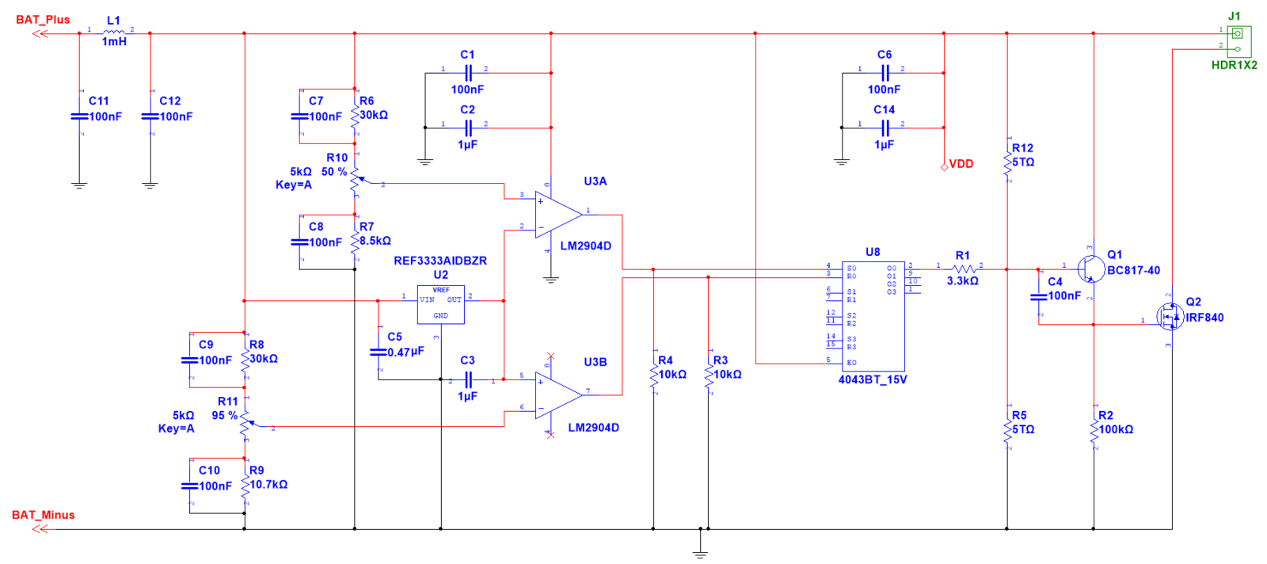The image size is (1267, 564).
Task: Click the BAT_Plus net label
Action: [43, 20]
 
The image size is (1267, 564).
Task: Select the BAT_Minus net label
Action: [44, 515]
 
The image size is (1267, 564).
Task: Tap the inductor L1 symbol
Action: [113, 32]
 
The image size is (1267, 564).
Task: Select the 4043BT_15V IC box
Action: [873, 315]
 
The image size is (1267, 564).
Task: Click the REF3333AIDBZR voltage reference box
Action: [441, 305]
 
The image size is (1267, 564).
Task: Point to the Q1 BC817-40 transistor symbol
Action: [1091, 269]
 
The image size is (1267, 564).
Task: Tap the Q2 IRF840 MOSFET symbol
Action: [1170, 318]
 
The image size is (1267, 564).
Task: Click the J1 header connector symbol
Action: [1238, 40]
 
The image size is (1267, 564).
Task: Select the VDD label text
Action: [961, 164]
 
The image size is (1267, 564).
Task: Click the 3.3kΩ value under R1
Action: [962, 281]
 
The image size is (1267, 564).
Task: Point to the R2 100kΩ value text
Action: [1116, 429]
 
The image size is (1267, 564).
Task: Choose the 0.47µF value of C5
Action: [405, 352]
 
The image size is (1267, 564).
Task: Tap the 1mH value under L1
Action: [114, 42]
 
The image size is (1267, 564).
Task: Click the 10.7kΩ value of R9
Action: [268, 485]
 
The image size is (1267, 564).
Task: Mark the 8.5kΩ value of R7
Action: [375, 241]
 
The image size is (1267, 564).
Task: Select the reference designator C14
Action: [885, 110]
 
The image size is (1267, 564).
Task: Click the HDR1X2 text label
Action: [1234, 65]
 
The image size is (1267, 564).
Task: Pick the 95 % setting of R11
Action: [224, 415]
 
